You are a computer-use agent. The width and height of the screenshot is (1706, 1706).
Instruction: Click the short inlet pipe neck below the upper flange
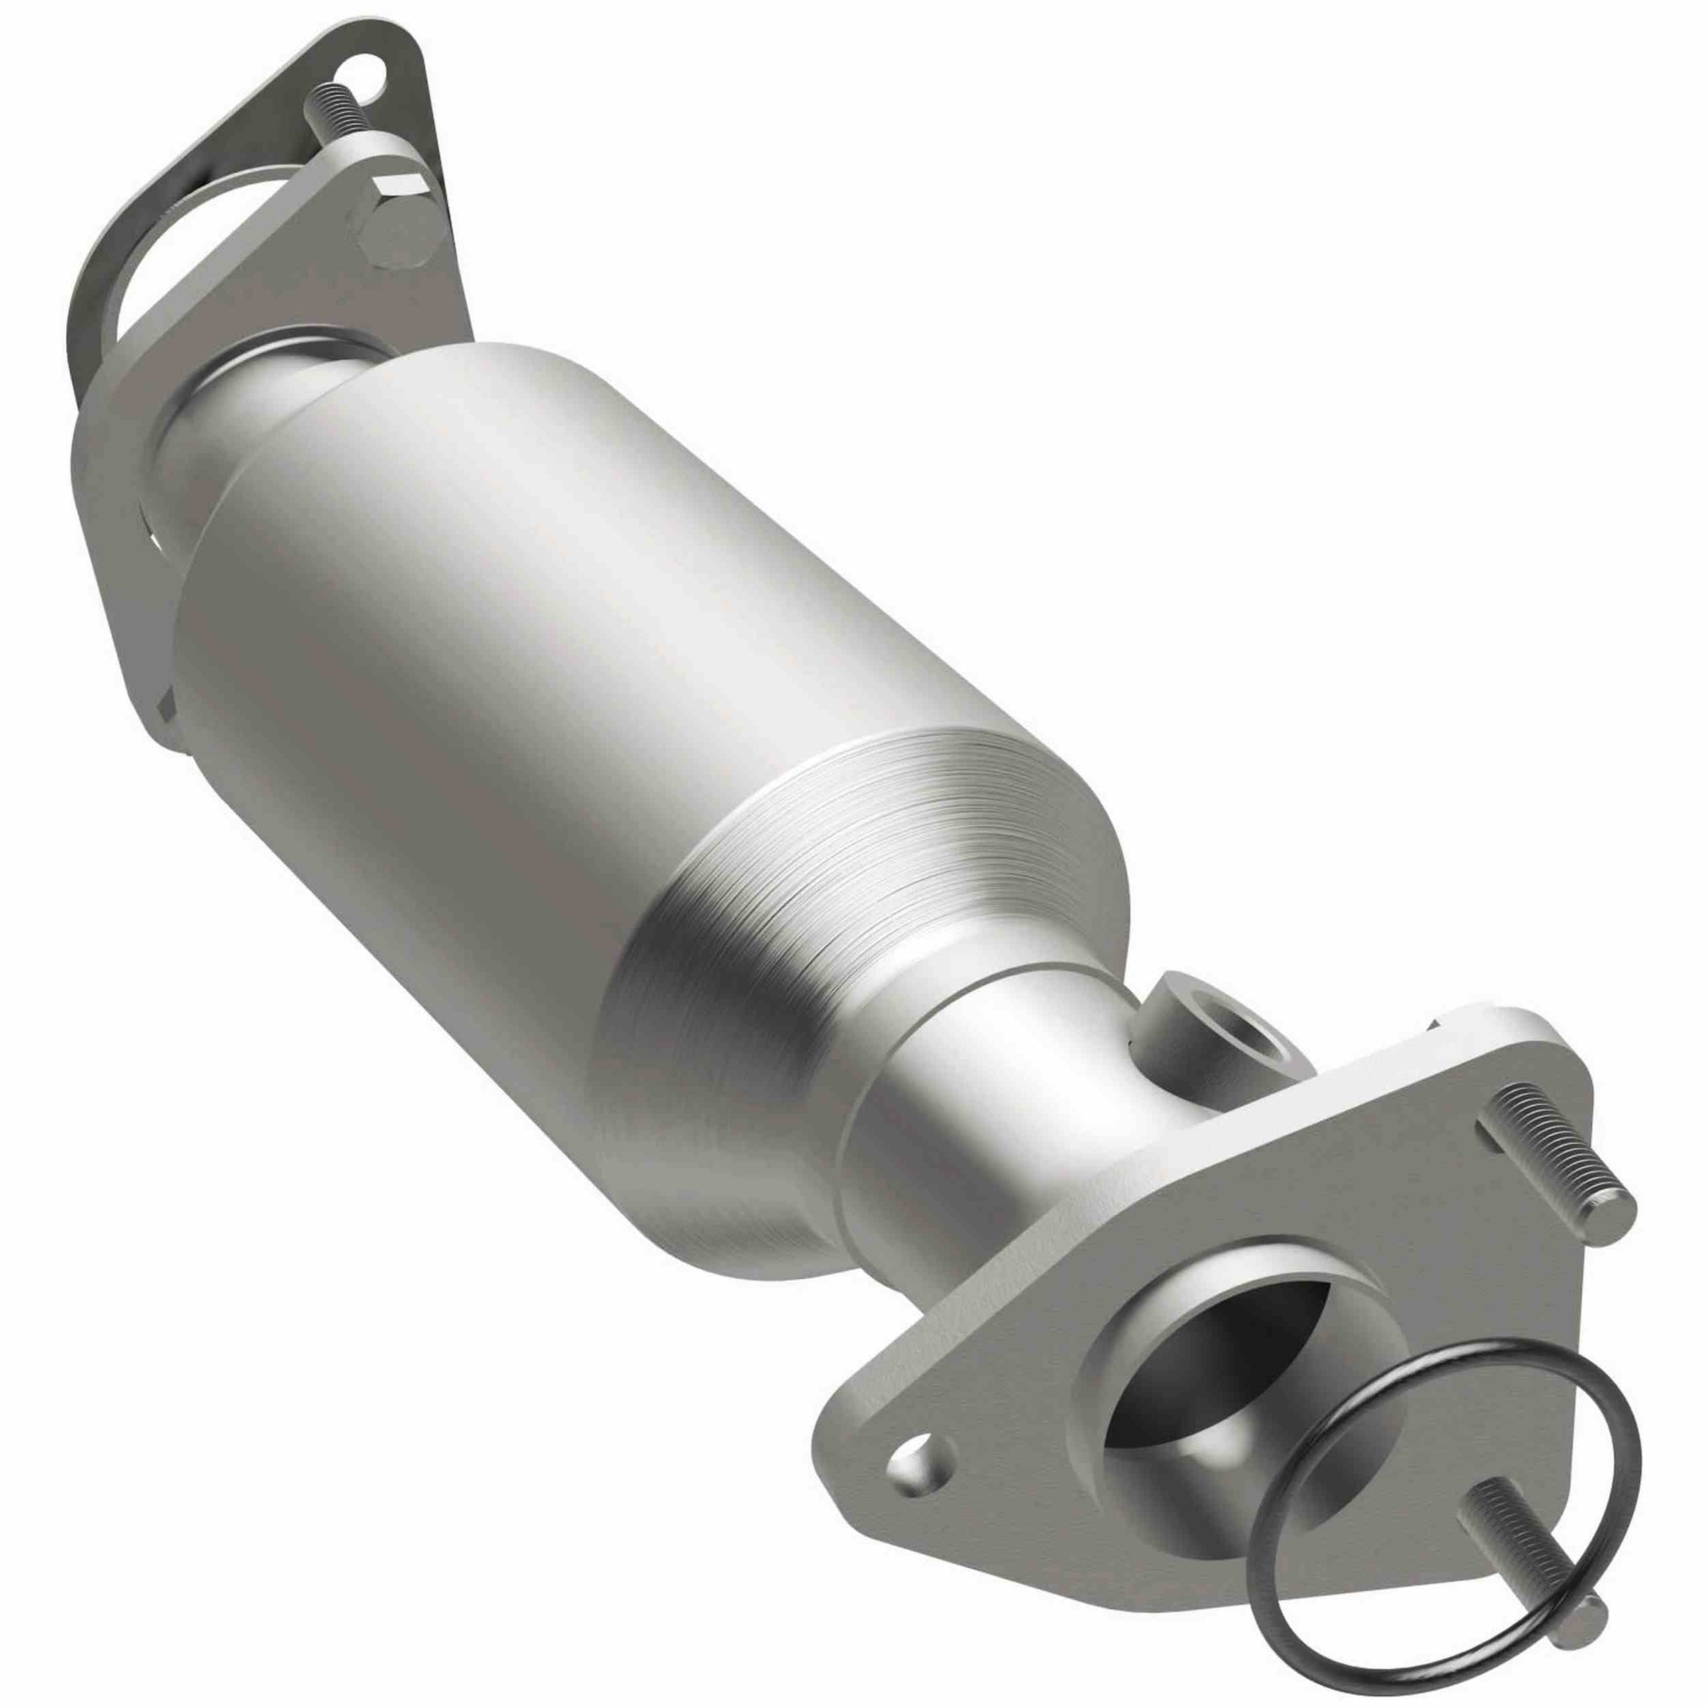pyautogui.click(x=265, y=415)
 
